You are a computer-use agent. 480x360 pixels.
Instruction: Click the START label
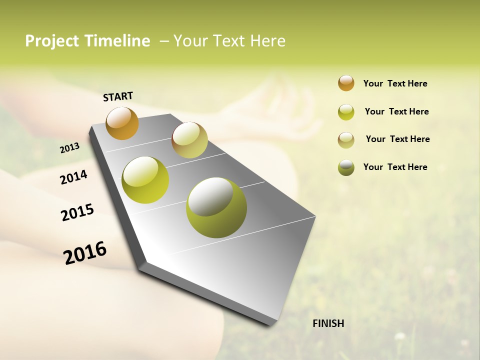click(x=118, y=96)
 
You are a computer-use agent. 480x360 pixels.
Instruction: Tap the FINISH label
click(x=328, y=323)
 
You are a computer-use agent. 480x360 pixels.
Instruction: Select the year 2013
click(x=69, y=148)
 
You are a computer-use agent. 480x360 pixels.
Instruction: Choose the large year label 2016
click(x=85, y=253)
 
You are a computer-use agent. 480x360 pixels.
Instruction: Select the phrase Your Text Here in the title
click(x=229, y=41)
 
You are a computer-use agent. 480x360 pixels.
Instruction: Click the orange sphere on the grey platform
click(x=122, y=123)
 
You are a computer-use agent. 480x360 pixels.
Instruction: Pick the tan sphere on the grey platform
click(x=189, y=140)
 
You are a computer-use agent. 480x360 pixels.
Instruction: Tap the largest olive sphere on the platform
click(x=216, y=207)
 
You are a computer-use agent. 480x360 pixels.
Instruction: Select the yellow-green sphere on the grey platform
click(x=145, y=180)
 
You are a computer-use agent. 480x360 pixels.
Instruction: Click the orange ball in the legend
click(x=346, y=83)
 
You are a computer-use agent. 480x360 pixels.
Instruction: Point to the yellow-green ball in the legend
click(x=346, y=112)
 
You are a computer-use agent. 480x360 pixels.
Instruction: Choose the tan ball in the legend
click(x=346, y=140)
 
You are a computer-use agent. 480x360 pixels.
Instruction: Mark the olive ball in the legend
click(x=346, y=167)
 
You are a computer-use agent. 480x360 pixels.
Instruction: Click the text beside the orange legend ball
click(x=395, y=83)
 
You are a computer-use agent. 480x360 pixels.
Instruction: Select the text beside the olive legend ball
click(x=395, y=167)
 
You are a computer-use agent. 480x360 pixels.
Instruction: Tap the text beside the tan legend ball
click(x=397, y=139)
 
